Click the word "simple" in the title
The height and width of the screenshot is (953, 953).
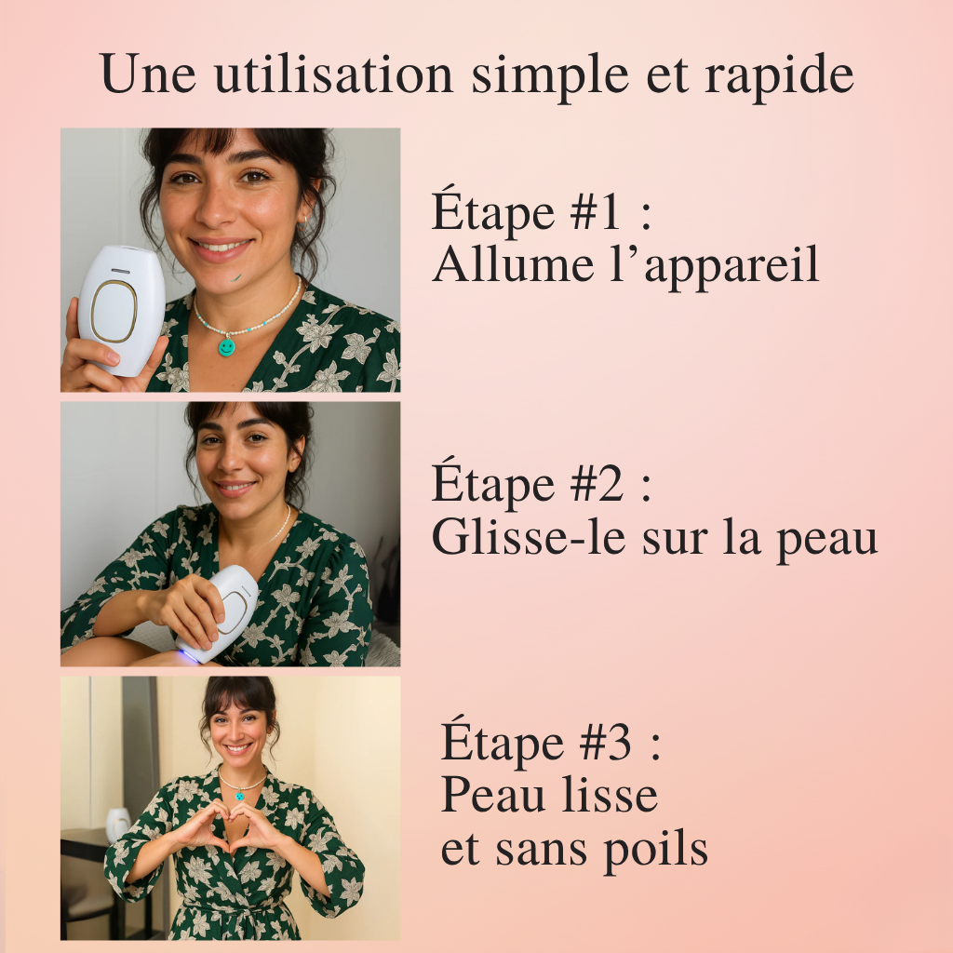coord(550,76)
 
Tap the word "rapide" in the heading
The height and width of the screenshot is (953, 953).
coord(779,76)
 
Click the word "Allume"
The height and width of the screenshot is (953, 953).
coord(513,264)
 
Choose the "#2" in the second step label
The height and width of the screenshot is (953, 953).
coord(597,484)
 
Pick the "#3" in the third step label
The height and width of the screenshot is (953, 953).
coord(606,744)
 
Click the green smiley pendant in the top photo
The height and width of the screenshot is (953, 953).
coord(227,347)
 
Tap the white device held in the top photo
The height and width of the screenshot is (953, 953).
coord(122,310)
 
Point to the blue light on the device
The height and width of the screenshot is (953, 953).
coord(188,656)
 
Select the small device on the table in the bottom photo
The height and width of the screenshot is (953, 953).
coord(118,825)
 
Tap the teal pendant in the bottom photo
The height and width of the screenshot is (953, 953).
coord(240,795)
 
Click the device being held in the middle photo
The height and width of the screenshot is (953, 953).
coord(219,614)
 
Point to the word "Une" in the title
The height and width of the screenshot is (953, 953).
coord(148,74)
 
